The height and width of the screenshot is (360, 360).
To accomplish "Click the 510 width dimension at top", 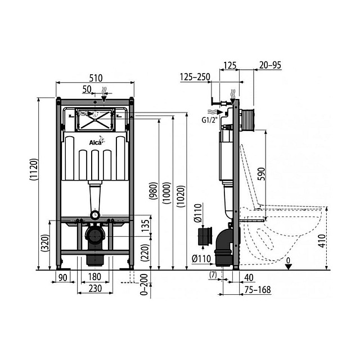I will (95, 78).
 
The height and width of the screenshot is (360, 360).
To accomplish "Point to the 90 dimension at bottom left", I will (63, 277).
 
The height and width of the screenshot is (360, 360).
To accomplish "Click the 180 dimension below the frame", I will (94, 277).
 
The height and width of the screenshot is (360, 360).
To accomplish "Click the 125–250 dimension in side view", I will (196, 76).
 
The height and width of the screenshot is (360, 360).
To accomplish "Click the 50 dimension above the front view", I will (88, 89).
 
